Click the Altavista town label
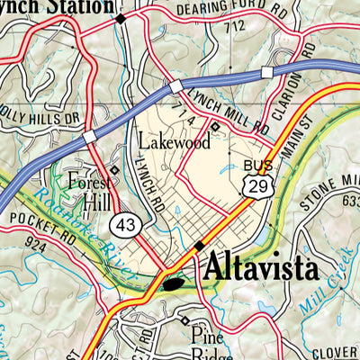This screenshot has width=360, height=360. click(x=261, y=267)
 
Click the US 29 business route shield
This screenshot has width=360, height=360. click(x=257, y=186)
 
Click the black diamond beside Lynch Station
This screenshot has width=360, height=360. click(x=121, y=17)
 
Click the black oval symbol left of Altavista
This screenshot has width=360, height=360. click(x=175, y=284)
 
